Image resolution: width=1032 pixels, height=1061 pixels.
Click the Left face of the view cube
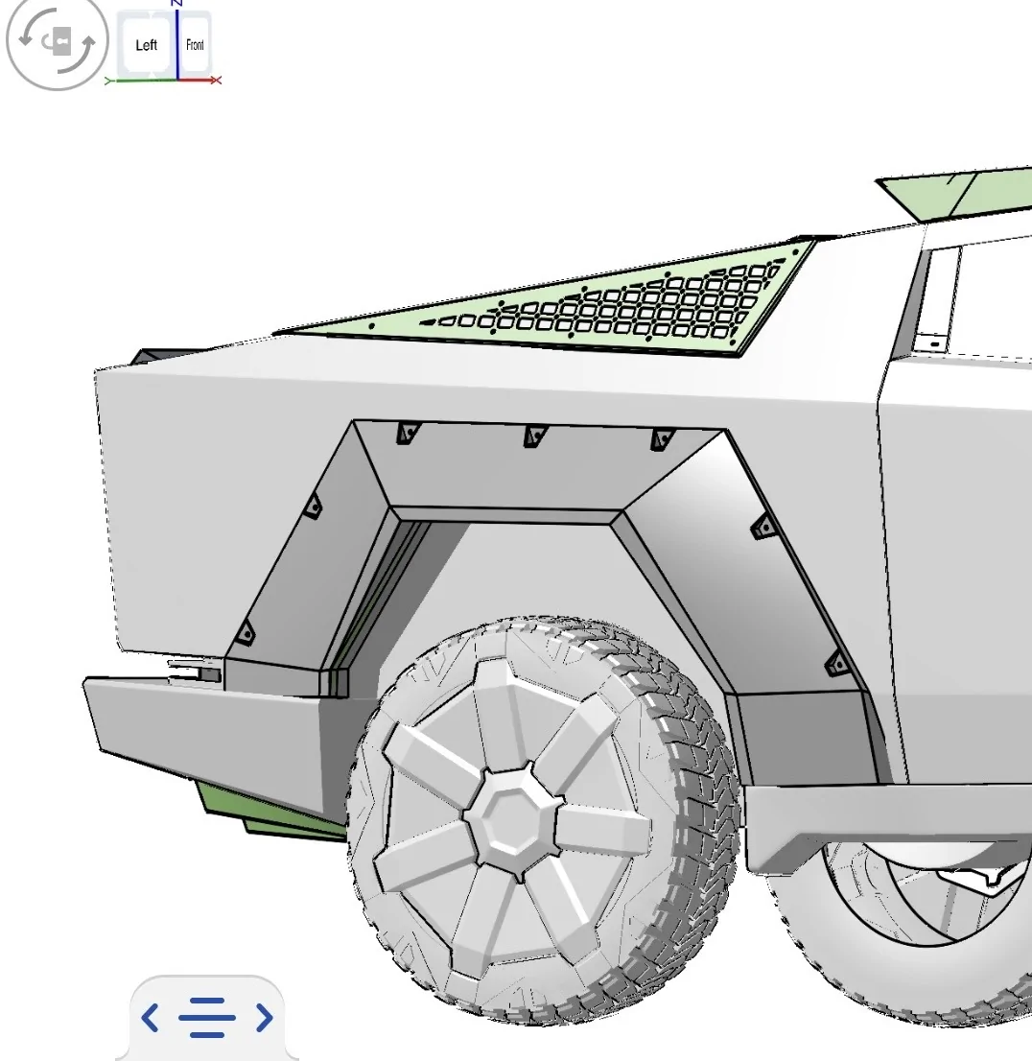tap(146, 45)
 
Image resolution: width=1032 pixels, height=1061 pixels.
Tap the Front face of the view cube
tap(195, 45)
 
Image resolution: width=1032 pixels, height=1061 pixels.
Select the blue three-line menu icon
tap(207, 1017)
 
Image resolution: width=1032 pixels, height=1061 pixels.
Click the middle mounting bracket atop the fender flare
tap(534, 436)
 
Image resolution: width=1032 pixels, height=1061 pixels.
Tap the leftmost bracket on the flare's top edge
tap(408, 433)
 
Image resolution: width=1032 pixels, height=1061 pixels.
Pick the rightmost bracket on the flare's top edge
tap(661, 439)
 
